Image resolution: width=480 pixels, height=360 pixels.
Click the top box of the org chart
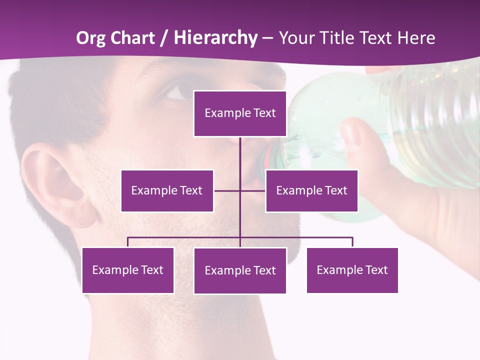point(240,113)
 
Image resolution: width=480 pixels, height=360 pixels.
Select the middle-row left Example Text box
point(167,190)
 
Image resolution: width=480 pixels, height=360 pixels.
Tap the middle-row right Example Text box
point(311,190)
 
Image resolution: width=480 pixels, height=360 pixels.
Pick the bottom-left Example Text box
point(128,270)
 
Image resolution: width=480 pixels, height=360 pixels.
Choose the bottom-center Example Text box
point(240,270)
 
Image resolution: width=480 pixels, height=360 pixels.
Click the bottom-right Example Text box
point(352,270)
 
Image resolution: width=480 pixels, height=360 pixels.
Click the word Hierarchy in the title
point(215,38)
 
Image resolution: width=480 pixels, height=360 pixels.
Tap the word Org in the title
point(91,38)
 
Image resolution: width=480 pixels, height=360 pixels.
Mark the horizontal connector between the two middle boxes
point(240,190)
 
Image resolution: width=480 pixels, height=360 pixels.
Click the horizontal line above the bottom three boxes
point(185,237)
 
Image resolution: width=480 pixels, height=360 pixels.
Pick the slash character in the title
point(164,38)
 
